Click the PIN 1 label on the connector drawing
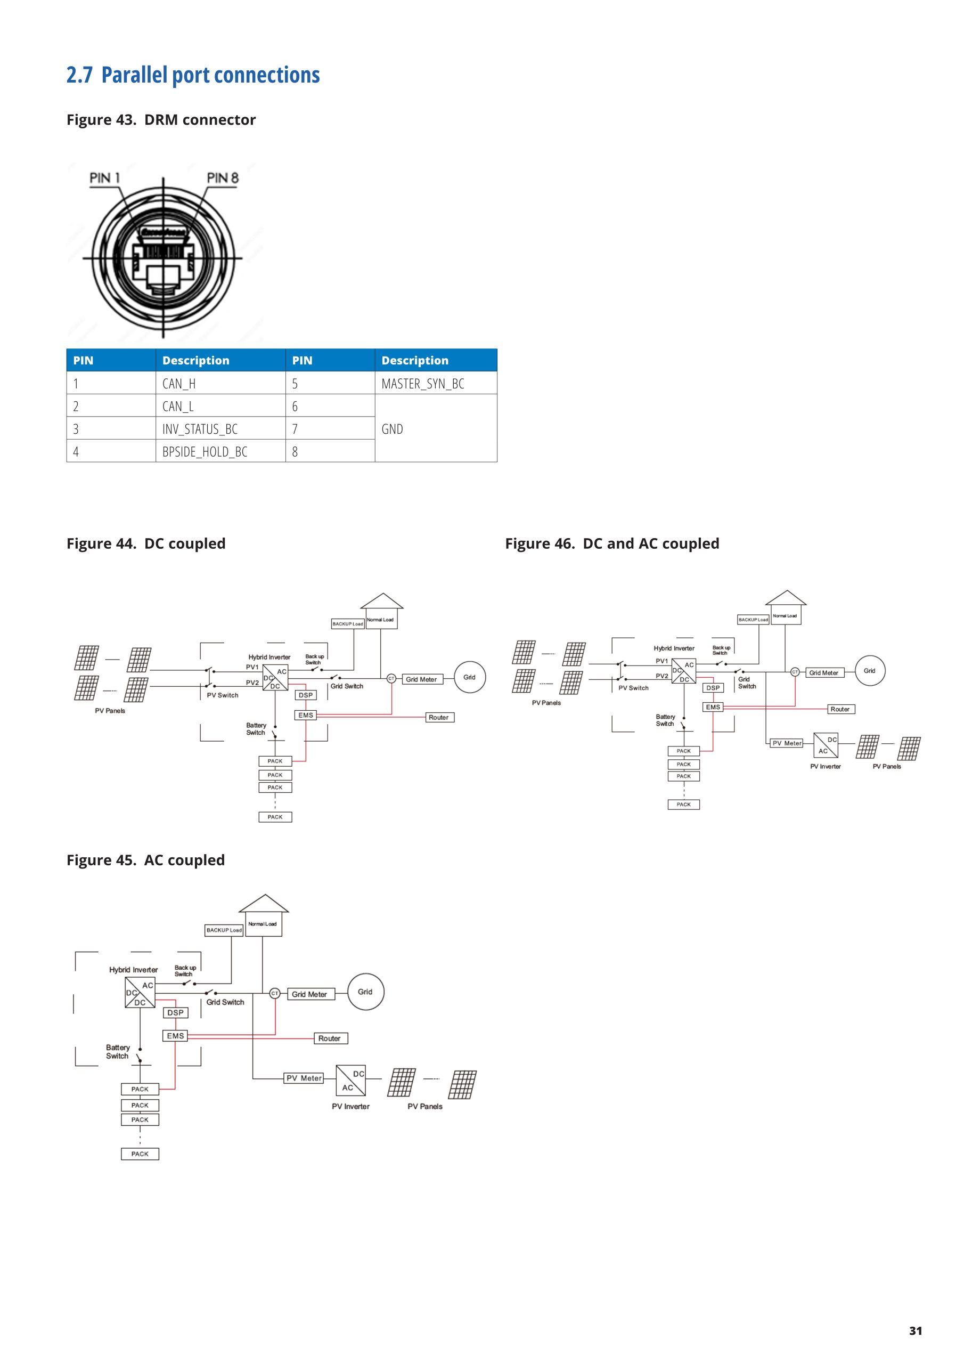pos(104,177)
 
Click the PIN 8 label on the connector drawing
pos(223,177)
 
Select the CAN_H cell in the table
pos(179,384)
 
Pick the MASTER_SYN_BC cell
pos(423,384)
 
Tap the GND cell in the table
pos(392,429)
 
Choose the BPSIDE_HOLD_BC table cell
pos(205,451)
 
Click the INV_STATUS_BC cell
pos(200,429)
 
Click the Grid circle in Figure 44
pos(469,677)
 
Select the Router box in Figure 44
pos(439,718)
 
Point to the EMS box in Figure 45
pos(175,1035)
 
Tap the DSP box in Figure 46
pos(713,688)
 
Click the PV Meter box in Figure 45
pos(304,1078)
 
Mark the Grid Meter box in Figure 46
pos(823,673)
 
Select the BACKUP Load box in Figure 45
pos(224,930)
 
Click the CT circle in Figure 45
pos(275,993)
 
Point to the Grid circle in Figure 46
pos(870,671)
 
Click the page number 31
pos(916,1331)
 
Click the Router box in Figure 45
pos(330,1038)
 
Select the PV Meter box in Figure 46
pos(787,743)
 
